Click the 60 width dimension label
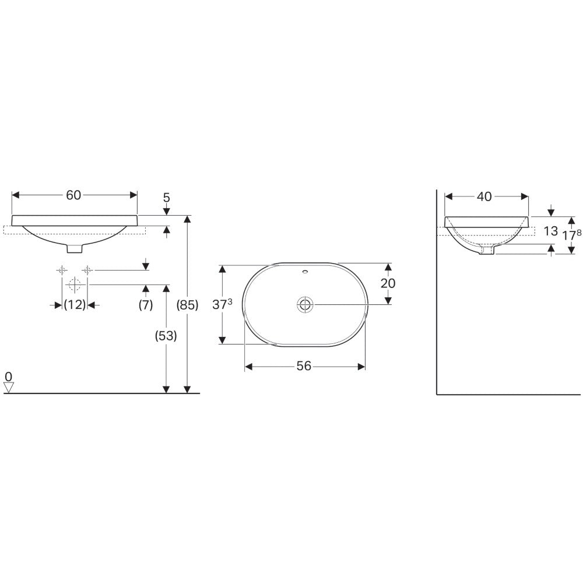(x=73, y=195)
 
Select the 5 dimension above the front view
(x=167, y=198)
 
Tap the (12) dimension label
(x=75, y=305)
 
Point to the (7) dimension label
(x=146, y=305)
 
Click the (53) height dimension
(x=166, y=336)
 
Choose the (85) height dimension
(x=187, y=305)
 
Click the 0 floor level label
(x=8, y=377)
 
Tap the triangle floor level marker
(x=9, y=388)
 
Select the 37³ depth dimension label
(x=222, y=304)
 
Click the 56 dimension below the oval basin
(x=304, y=366)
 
